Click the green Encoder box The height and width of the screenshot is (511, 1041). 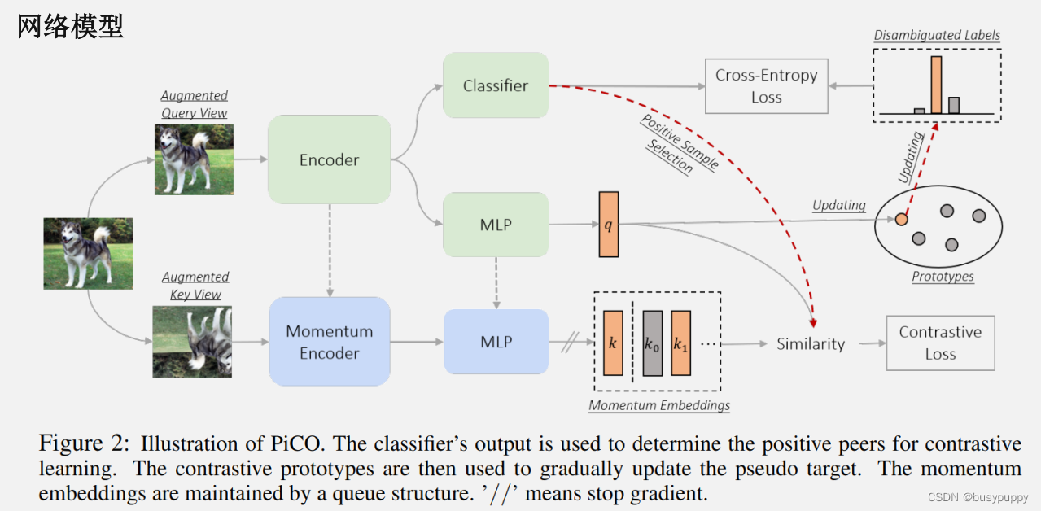coord(329,159)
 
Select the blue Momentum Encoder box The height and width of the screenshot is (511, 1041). coord(329,342)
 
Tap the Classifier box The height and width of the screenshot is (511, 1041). coord(495,85)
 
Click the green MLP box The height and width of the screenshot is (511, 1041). coord(495,225)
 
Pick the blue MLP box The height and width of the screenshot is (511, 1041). coord(495,342)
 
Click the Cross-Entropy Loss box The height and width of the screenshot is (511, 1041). coord(766,86)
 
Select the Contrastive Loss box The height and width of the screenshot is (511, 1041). coord(940,343)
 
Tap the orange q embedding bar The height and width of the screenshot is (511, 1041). coord(608,225)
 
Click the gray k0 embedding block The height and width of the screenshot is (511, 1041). coord(652,343)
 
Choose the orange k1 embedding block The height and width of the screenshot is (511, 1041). coord(680,343)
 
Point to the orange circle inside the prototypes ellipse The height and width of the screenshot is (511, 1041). coord(901,219)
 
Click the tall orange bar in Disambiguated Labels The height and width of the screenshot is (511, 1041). coord(936,85)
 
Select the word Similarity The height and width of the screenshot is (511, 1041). coord(810,344)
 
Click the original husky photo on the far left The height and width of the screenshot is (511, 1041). coord(88,253)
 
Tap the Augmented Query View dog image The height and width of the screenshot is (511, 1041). coord(194,159)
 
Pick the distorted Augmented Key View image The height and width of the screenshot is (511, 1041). coord(192,342)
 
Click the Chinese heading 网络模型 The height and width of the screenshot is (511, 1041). coord(70,27)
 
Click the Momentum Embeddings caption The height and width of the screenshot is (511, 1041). coord(658,405)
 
